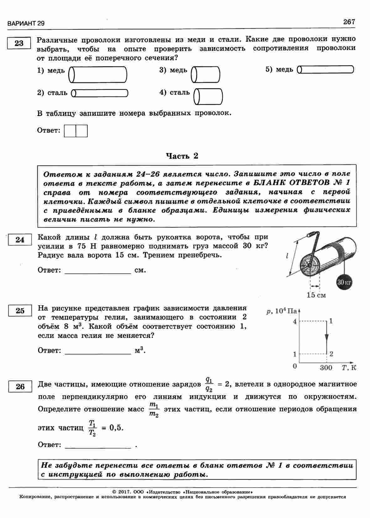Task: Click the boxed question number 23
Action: (19, 43)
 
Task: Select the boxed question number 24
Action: (20, 240)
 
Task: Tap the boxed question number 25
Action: (20, 311)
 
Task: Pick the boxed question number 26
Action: (20, 386)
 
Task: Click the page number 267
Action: (349, 22)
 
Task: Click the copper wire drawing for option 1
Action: (98, 75)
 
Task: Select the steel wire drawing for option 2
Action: (100, 93)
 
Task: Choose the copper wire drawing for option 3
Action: (206, 75)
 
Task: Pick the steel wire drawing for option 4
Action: (208, 96)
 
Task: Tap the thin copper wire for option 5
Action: (326, 70)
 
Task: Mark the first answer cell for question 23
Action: (70, 131)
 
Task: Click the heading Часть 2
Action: (182, 156)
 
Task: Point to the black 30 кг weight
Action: (345, 282)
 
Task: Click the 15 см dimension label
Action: (316, 295)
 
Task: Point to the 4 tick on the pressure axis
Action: (294, 321)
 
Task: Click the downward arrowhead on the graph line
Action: (326, 339)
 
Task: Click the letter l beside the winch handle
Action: (287, 256)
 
